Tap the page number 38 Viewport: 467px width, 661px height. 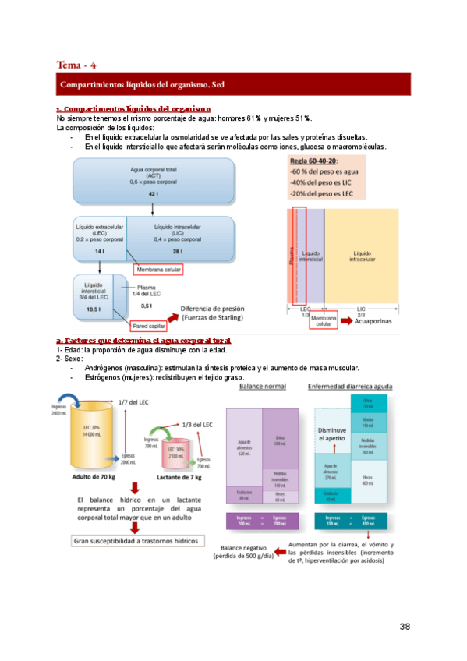[405, 626]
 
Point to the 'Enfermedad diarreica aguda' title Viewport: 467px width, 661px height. [350, 386]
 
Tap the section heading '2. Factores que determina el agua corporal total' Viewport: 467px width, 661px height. [143, 341]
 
